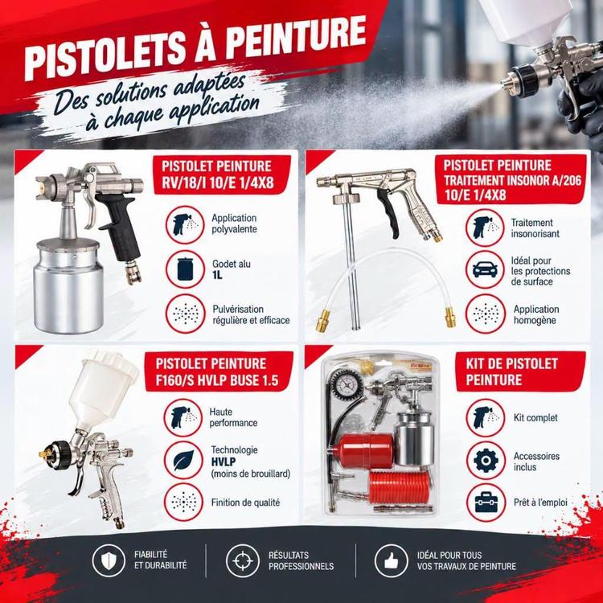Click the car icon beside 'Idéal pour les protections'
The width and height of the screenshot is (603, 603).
point(485,269)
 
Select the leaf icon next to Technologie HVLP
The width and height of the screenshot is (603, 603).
point(183,461)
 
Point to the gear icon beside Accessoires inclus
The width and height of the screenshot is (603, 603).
point(486,461)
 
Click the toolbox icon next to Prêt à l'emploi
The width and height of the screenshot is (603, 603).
point(486,503)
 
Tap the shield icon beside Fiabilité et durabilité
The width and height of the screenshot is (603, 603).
point(109,560)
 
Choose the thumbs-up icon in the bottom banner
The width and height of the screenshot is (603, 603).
point(391,561)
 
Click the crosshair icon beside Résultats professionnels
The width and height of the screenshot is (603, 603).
point(243,560)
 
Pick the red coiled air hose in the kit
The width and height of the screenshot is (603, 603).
point(399,488)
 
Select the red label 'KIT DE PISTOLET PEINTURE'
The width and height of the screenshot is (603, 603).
point(521,371)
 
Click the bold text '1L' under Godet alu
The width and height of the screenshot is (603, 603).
point(217,275)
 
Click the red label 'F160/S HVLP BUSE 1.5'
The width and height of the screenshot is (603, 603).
point(219,371)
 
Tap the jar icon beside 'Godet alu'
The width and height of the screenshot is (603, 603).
point(185,269)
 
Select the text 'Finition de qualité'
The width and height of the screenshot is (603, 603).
point(245,503)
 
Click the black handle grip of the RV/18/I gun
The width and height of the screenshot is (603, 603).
point(120,227)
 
